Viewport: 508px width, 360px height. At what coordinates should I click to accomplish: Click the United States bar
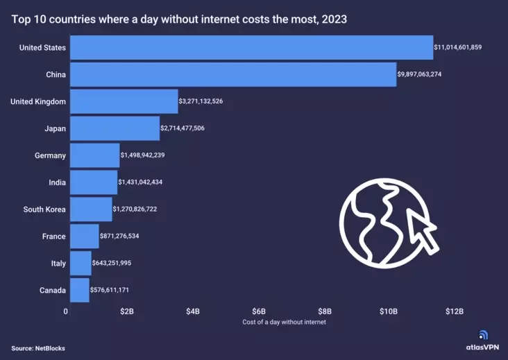[251, 48]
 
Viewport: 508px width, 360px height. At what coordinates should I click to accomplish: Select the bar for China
[233, 75]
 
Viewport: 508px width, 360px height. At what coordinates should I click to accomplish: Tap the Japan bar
[115, 128]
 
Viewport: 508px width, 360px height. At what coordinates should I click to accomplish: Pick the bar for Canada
[80, 290]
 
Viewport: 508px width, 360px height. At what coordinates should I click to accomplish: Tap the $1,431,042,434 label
[141, 182]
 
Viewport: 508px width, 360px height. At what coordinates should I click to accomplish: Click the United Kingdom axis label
[38, 102]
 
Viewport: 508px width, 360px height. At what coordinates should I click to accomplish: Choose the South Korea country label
[44, 209]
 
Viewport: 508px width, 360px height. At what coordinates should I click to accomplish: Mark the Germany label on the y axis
[50, 155]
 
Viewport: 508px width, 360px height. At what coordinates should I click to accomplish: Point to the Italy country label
[58, 264]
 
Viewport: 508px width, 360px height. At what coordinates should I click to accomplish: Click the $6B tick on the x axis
[258, 311]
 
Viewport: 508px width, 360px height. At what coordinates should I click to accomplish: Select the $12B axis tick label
[455, 311]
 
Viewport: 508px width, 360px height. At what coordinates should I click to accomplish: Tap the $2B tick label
[127, 311]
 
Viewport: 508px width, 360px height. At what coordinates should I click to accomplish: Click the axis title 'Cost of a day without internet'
[284, 323]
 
